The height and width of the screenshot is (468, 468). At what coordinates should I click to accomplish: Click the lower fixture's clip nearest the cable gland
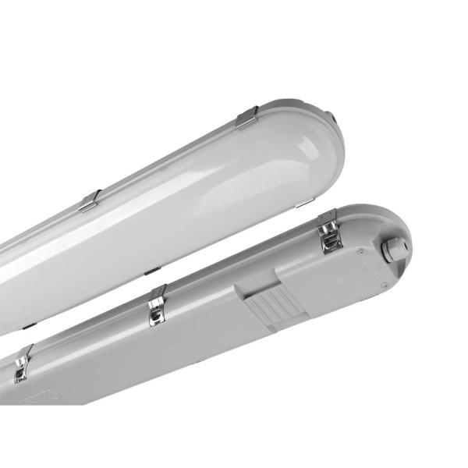(331, 232)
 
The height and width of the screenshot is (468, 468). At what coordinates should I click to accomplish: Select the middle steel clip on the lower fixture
(157, 305)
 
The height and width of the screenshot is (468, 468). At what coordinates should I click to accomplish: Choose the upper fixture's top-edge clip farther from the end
(90, 200)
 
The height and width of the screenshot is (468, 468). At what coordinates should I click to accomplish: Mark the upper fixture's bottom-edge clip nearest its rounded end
(301, 204)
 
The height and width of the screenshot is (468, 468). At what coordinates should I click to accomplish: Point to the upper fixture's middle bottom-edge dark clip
(153, 271)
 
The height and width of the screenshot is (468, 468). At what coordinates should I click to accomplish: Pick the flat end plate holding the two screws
(367, 269)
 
